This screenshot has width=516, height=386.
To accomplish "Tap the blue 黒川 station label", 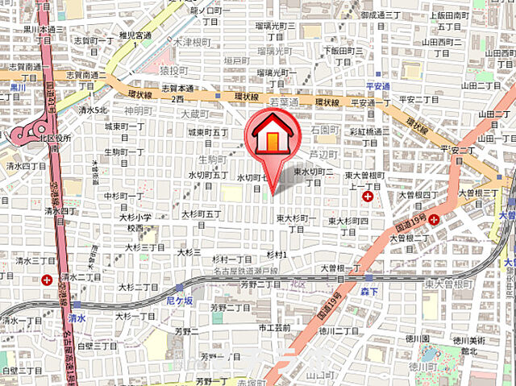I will click(18, 86).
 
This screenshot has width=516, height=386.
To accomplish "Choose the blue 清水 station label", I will click(76, 317).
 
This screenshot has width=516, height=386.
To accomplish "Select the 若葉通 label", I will click(284, 102).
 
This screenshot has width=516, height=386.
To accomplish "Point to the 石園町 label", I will click(325, 129).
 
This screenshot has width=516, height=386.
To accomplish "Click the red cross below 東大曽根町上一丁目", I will click(368, 196).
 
